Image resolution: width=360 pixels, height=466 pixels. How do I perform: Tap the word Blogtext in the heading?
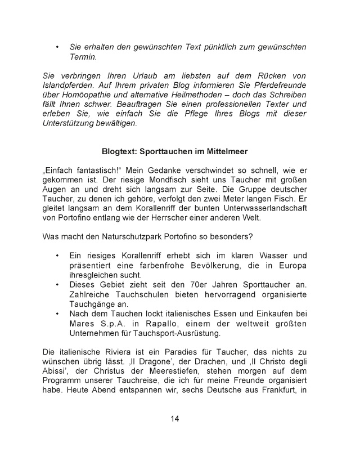pyautogui.click(x=120, y=151)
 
